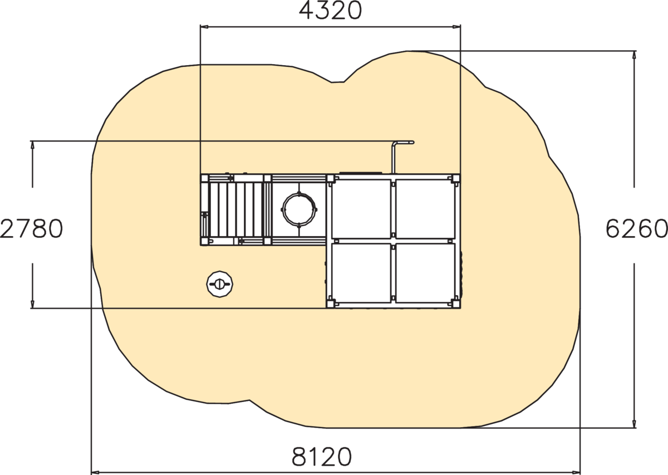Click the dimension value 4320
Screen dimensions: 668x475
tap(330, 11)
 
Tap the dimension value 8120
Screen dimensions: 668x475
tap(322, 457)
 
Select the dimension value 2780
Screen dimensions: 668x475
tap(31, 229)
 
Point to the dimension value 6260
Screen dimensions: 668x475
tap(637, 229)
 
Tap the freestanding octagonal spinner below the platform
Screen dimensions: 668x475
tap(220, 284)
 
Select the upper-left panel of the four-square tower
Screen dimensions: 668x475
tap(361, 209)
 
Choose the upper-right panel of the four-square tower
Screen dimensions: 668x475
tap(425, 209)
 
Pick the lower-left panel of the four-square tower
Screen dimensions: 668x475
tap(361, 273)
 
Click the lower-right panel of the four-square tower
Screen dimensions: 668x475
tap(425, 273)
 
